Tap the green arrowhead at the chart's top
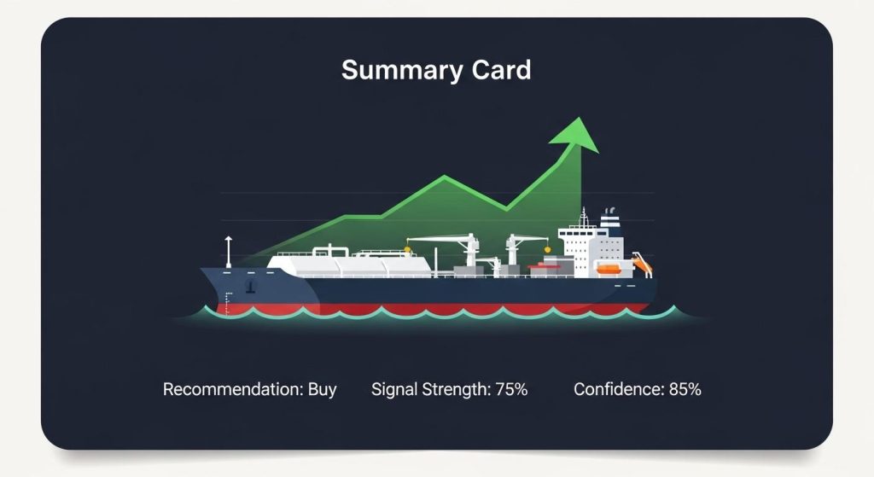point(574,135)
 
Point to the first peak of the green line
point(444,177)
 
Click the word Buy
point(322,390)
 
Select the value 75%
point(510,390)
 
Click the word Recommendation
point(230,390)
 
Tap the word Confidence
point(618,390)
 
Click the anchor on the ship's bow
point(250,282)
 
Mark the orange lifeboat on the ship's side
point(608,269)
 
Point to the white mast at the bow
point(228,251)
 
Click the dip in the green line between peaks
point(506,208)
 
